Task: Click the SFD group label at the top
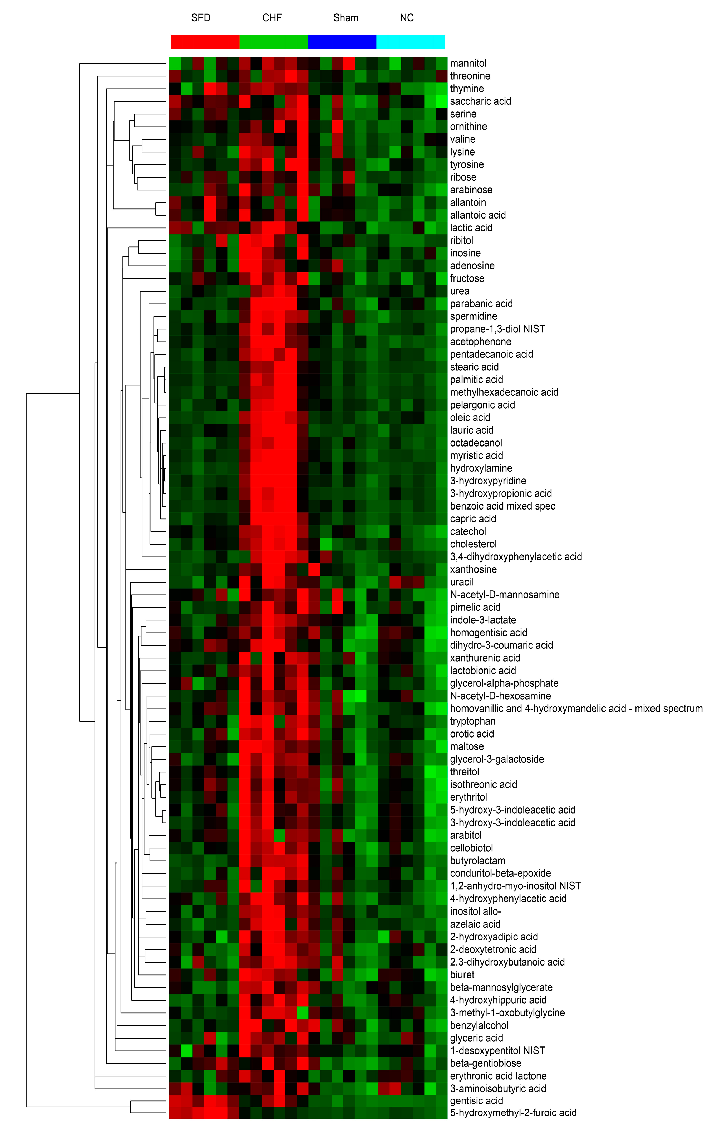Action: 201,18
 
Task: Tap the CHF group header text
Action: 272,18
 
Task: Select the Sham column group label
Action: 346,18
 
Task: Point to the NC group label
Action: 407,18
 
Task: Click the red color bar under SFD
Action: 205,42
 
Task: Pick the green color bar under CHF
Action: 274,42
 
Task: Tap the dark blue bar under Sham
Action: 342,42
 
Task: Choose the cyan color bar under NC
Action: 411,42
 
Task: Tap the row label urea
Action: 460,291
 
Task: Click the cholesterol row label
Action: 474,544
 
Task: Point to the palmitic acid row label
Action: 476,380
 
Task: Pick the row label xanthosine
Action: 474,569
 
